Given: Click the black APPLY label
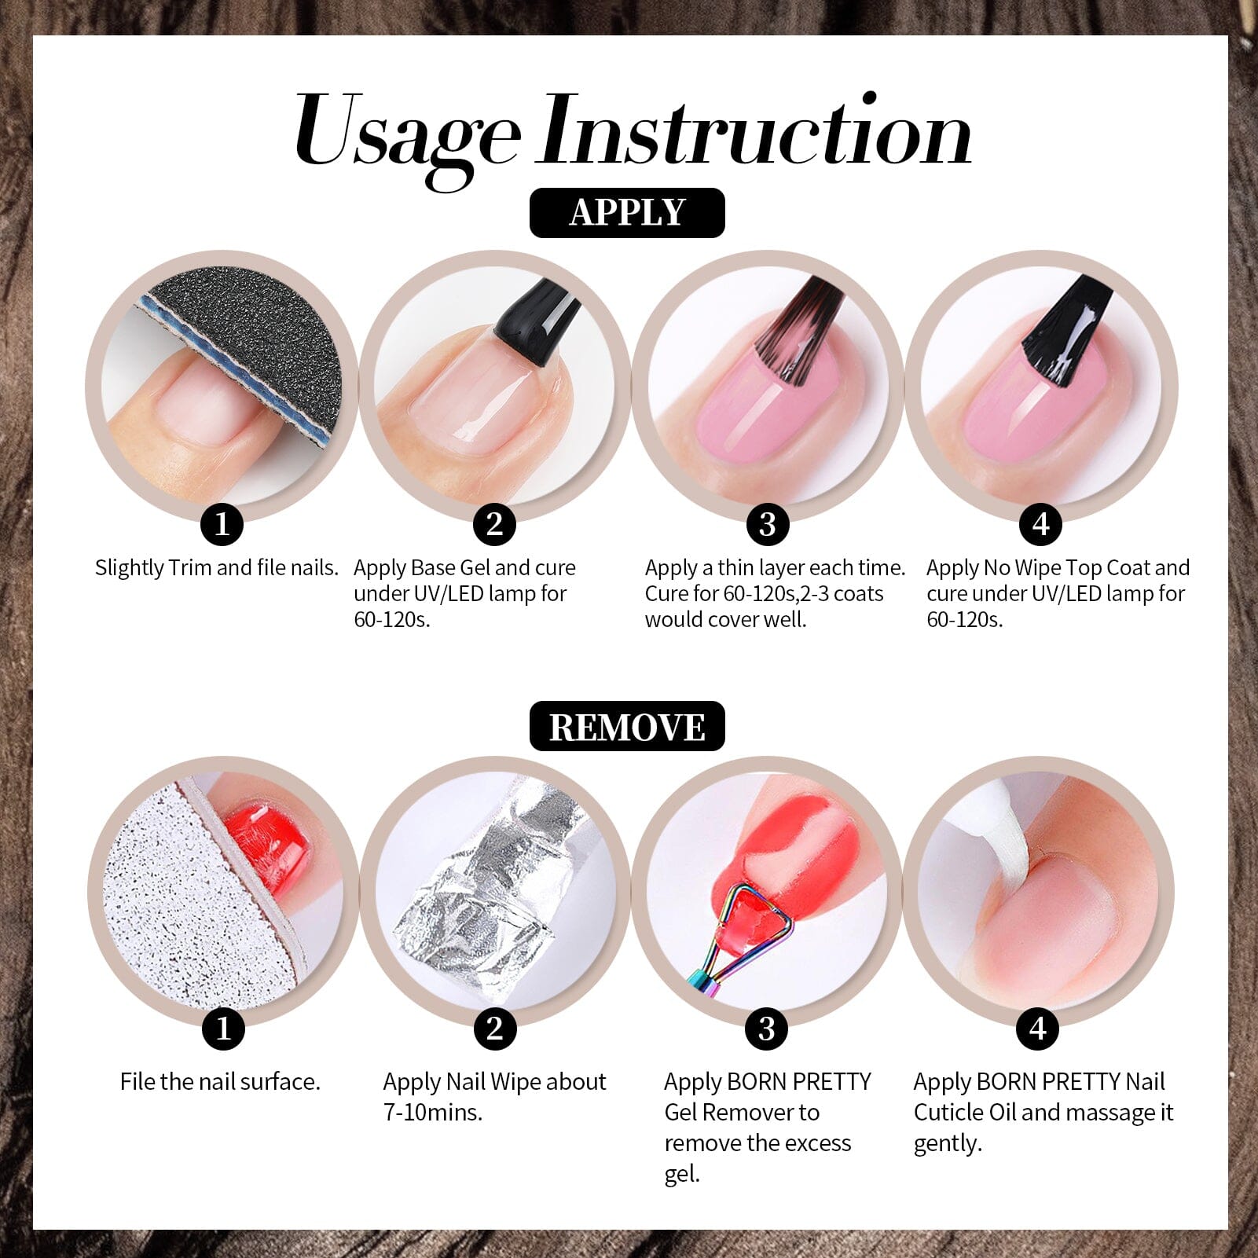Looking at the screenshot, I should click(627, 213).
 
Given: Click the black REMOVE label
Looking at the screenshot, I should click(627, 727).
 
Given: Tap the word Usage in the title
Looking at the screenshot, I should click(407, 134).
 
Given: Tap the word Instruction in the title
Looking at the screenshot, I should click(754, 130).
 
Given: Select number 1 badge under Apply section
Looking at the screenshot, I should click(222, 524).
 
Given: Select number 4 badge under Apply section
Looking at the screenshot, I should click(1040, 524).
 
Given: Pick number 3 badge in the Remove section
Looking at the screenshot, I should click(767, 1029).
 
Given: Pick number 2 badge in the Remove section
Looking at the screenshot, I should click(494, 1029).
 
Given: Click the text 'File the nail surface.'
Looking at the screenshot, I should click(220, 1082).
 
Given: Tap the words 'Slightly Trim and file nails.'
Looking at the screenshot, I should click(217, 568).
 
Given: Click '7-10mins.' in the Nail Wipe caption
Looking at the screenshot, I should click(432, 1113).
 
